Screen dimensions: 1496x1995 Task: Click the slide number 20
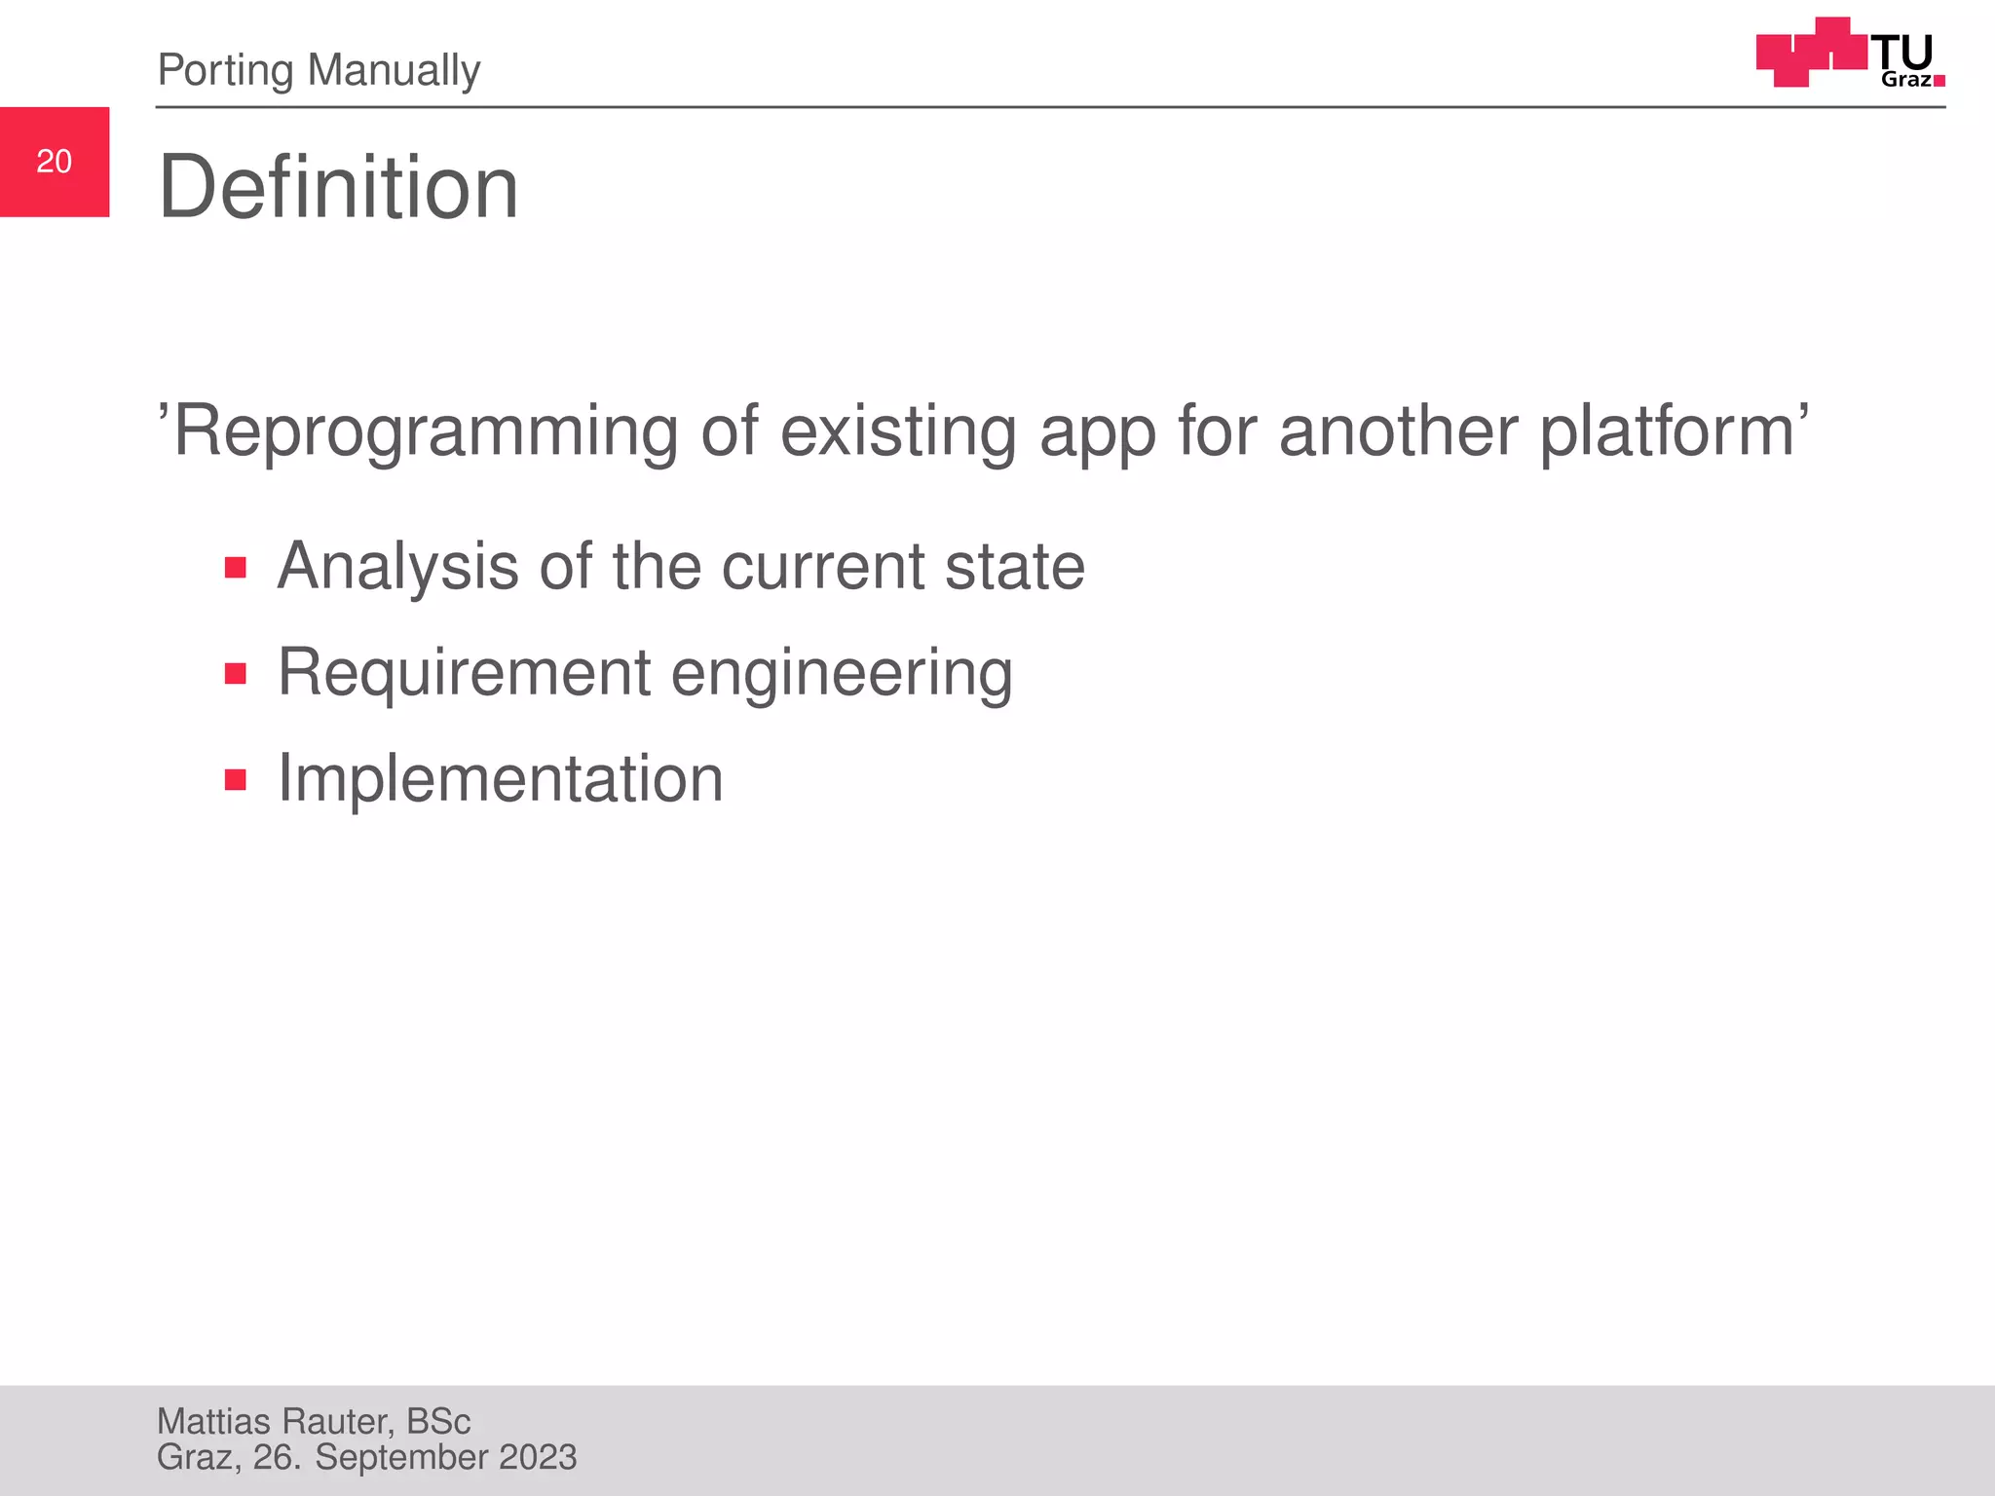point(55,162)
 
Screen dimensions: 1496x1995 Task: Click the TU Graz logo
point(1849,54)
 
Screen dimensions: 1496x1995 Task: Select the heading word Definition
point(338,187)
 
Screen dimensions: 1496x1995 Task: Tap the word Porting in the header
point(225,70)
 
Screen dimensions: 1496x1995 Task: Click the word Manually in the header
point(394,70)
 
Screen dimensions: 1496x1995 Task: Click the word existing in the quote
point(898,431)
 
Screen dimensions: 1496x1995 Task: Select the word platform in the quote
point(1667,431)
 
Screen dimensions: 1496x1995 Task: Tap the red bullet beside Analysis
point(235,567)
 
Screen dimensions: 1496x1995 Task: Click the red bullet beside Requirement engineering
point(235,673)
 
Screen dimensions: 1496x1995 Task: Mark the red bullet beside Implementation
point(235,779)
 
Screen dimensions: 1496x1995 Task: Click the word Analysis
point(397,567)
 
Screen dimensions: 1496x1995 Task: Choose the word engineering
point(842,674)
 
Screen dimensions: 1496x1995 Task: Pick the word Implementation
point(501,779)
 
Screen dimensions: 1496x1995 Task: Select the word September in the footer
point(401,1458)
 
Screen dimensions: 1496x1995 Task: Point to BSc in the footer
point(438,1422)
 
